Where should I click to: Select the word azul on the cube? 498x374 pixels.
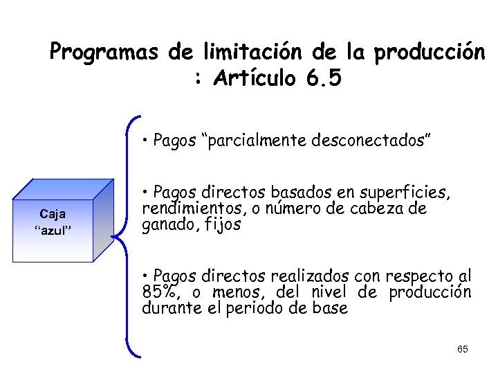coord(53,230)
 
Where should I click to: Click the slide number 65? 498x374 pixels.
coord(463,349)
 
